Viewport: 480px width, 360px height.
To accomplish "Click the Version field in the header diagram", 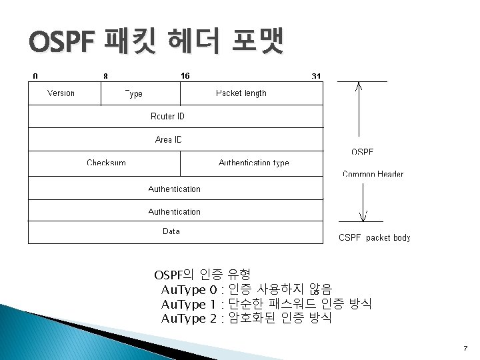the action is tap(61, 93).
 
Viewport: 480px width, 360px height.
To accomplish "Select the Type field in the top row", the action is tap(135, 94).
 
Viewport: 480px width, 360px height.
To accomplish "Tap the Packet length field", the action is tap(241, 93).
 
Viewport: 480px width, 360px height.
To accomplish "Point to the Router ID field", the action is tap(167, 117).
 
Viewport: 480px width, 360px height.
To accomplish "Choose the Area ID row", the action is tap(168, 140).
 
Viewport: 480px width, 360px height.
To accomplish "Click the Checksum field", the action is tap(106, 163).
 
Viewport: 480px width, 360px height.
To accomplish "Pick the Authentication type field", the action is tap(253, 163).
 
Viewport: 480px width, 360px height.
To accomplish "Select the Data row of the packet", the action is tap(171, 231).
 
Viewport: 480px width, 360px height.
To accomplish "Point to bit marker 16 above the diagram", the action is tap(185, 76).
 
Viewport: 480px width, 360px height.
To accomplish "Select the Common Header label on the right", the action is tap(373, 175).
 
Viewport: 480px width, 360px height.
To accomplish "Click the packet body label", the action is tap(375, 237).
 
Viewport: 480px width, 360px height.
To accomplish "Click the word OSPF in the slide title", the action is tap(63, 43).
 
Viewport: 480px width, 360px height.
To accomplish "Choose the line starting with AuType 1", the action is tap(266, 304).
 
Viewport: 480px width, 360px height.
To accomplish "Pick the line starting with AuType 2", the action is tap(246, 318).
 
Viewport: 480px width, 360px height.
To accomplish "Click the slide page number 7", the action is tap(465, 348).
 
